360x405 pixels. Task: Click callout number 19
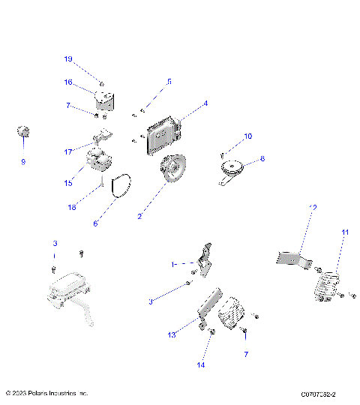(67, 58)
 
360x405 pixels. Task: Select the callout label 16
(67, 82)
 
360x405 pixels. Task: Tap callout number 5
(169, 81)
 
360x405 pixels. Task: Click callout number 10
(249, 136)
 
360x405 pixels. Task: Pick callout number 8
(262, 159)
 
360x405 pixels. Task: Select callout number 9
(22, 161)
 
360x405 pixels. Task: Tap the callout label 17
(67, 152)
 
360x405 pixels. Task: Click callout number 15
(67, 182)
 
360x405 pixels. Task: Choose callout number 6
(95, 223)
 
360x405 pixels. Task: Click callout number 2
(139, 216)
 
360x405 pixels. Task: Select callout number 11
(345, 233)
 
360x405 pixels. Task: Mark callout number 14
(199, 365)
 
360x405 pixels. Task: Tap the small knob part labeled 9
(23, 133)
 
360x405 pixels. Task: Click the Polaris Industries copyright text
(46, 393)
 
